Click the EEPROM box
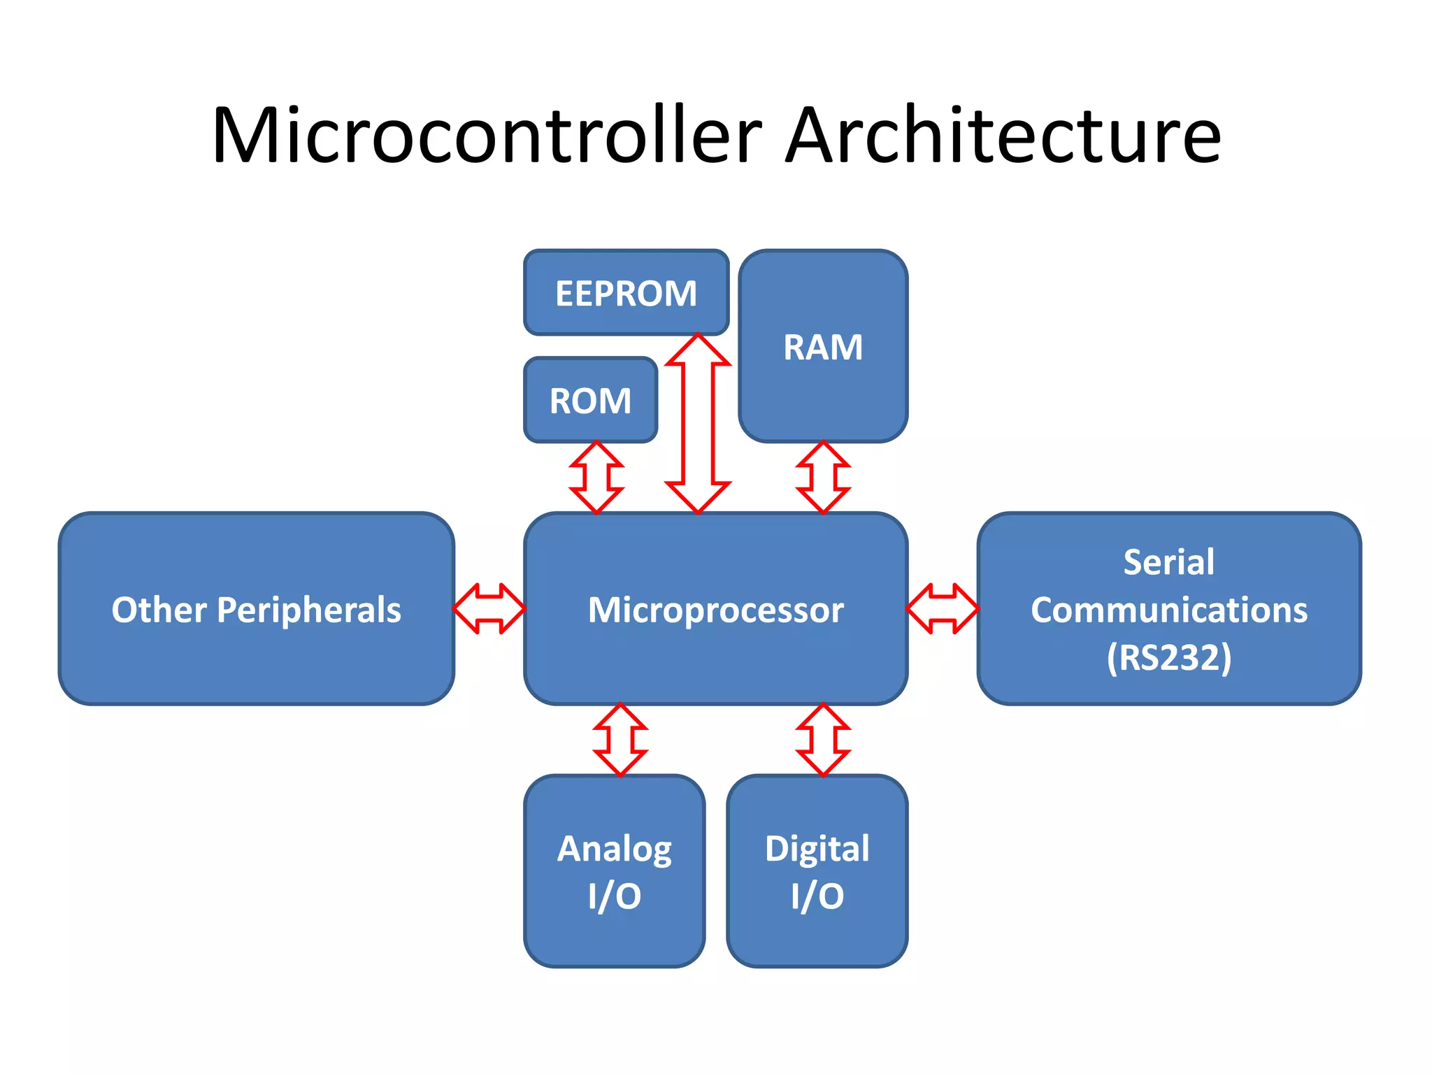pos(626,293)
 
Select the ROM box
pos(590,401)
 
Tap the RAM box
pos(823,347)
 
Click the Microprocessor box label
pos(715,610)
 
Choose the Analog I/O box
pos(614,871)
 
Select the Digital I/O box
pos(817,871)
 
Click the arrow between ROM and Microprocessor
pos(596,478)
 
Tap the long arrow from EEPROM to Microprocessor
pos(698,424)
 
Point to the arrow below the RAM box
pos(823,478)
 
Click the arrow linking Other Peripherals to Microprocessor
pos(489,609)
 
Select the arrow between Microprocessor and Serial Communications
pos(942,609)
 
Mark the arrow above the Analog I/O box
pos(620,740)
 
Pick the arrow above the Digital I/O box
pos(823,740)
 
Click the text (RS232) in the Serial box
pos(1168,657)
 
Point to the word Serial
pos(1168,562)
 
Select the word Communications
pos(1168,610)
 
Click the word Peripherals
pos(308,610)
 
